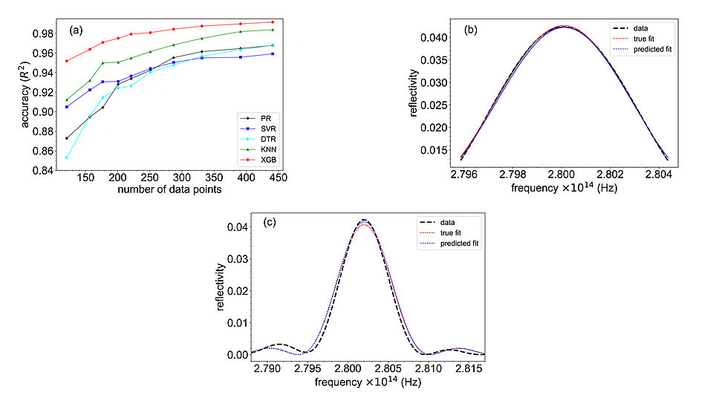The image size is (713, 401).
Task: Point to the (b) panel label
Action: [x=471, y=30]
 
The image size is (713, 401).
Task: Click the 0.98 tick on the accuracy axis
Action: [x=44, y=33]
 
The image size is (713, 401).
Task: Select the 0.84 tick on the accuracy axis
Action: [x=44, y=171]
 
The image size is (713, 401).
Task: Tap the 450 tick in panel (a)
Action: [x=280, y=179]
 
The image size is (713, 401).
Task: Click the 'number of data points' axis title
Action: [x=169, y=191]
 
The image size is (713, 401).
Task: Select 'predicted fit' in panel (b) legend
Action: [x=649, y=49]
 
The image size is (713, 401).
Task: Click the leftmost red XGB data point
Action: [x=67, y=61]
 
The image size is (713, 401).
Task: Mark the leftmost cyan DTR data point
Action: [x=67, y=157]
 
